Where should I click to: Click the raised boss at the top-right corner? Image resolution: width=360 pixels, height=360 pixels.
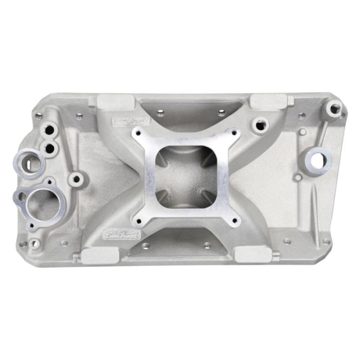335,109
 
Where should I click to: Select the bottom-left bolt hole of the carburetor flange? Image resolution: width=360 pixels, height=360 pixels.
138,222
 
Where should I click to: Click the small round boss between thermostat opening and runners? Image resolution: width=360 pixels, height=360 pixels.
77,179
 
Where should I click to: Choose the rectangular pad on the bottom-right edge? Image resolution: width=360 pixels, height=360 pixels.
254,254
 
